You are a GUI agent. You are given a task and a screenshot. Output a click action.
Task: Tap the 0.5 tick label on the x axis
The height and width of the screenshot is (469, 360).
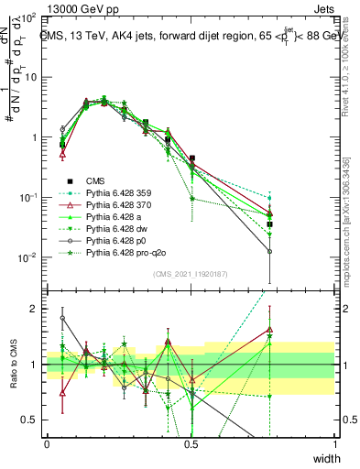coord(191,443)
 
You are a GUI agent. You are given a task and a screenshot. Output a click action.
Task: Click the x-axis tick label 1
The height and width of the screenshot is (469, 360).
coord(335,443)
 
